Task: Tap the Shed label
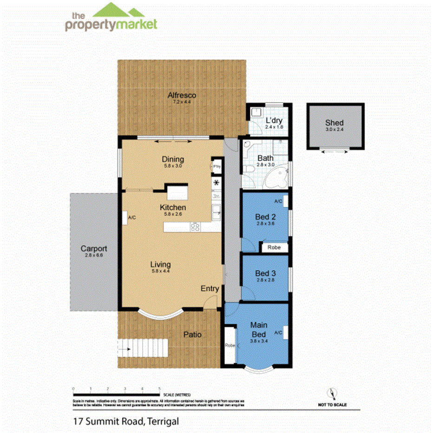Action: tap(334, 123)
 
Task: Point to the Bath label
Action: tap(265, 158)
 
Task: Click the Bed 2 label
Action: tap(265, 217)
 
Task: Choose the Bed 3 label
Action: tap(265, 274)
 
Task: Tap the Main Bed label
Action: tap(258, 329)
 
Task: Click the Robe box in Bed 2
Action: tap(274, 248)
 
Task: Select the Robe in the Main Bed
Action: tap(230, 346)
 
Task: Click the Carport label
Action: tap(93, 249)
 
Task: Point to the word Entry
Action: tap(210, 289)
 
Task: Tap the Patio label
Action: tap(192, 334)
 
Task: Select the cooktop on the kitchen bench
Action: tap(195, 227)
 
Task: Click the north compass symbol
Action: tap(332, 394)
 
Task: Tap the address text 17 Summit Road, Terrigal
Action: tap(126, 421)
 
